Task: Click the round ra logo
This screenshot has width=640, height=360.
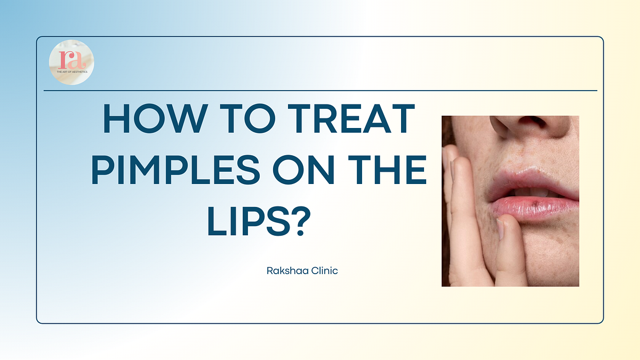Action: click(x=71, y=62)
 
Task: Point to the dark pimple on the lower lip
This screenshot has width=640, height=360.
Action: click(x=520, y=203)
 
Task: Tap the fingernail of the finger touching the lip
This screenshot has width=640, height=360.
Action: click(x=500, y=229)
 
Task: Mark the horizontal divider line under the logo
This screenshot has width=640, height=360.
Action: click(x=320, y=91)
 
